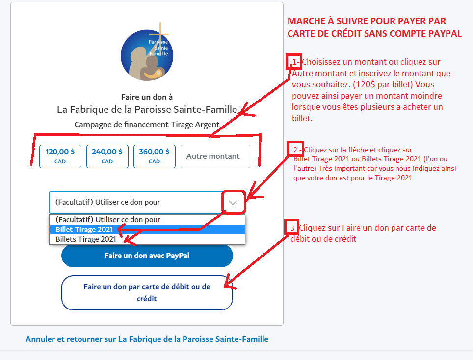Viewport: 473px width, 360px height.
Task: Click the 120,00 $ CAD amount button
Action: coord(60,156)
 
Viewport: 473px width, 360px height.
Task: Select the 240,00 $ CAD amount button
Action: coord(107,156)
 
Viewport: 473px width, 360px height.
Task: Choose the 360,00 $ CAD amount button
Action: coord(154,156)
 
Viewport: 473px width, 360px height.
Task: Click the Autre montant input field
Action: coord(215,156)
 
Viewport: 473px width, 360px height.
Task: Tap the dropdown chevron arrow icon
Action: coord(233,202)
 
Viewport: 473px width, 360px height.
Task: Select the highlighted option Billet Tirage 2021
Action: coord(84,230)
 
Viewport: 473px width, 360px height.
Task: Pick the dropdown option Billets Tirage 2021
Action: coord(86,239)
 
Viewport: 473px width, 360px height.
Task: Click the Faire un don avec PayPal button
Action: coord(147,256)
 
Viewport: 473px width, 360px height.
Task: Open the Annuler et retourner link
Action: coord(147,339)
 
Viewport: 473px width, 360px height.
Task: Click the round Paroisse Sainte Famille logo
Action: coord(147,55)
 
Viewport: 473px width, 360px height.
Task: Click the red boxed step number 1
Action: coord(294,62)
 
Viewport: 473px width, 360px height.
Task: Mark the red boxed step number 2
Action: coord(295,149)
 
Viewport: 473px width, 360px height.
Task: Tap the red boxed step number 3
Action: coord(292,228)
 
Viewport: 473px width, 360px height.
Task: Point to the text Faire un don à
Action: coord(147,97)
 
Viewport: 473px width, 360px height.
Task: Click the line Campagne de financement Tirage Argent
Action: coord(147,124)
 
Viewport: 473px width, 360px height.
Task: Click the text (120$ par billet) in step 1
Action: coord(383,84)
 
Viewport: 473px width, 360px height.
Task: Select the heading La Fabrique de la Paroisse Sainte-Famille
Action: coord(147,109)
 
